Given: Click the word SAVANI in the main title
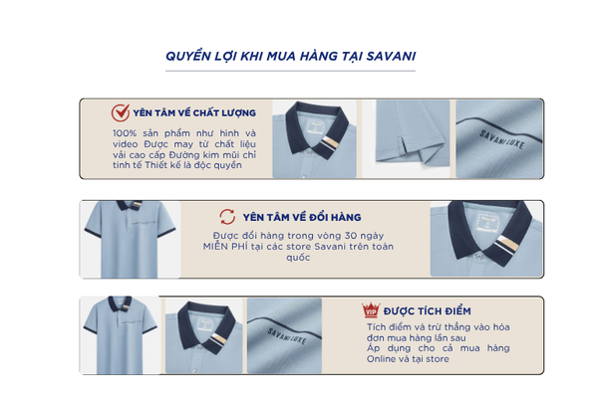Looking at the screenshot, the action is (391, 56).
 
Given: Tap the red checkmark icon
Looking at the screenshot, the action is (121, 112).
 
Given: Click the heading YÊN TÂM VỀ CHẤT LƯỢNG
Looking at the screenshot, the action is (194, 113).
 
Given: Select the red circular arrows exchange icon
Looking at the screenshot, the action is (227, 217).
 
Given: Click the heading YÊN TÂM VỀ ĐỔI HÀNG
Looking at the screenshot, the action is (302, 217).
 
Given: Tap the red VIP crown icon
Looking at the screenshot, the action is (371, 309).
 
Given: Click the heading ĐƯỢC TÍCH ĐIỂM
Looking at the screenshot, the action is (428, 311).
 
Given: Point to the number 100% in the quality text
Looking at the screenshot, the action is (125, 133).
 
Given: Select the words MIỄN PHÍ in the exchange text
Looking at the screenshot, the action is (225, 247).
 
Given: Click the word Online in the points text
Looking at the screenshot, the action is (381, 359).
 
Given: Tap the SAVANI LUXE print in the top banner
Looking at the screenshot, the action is (501, 139).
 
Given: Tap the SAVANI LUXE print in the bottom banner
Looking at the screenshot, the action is (287, 336).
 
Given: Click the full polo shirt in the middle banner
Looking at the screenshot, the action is (130, 239).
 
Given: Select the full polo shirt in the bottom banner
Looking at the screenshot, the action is (121, 335).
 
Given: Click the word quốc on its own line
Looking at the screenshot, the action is (298, 258).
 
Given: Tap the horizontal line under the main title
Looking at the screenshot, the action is (290, 71).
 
